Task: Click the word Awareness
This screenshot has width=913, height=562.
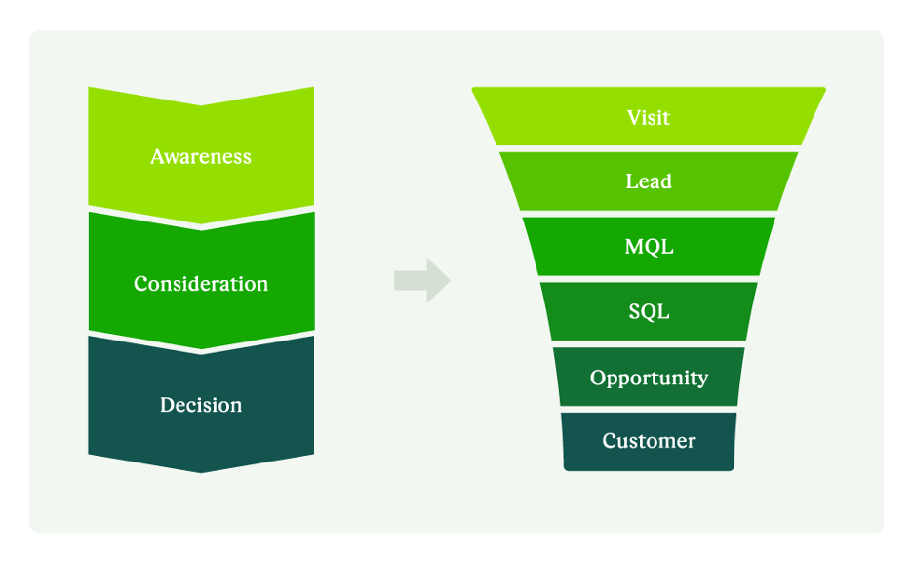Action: pos(201,157)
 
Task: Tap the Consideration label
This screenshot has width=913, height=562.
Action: pos(201,284)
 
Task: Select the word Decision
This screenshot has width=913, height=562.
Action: pos(201,405)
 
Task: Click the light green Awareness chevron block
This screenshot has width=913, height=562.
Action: pos(117,146)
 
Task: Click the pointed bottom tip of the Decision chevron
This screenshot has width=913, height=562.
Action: pos(201,469)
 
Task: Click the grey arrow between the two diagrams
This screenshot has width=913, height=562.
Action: pos(421,281)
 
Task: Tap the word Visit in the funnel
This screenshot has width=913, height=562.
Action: pos(649,118)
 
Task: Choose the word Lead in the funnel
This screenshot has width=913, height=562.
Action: pos(649,181)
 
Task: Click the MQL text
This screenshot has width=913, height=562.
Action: pos(649,247)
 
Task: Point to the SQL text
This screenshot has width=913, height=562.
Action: pos(649,312)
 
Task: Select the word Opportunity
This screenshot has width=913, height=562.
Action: pos(649,378)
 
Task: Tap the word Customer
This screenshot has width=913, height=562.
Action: pos(649,441)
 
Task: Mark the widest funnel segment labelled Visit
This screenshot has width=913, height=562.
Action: pos(546,117)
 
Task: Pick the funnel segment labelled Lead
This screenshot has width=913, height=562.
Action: pos(566,181)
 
